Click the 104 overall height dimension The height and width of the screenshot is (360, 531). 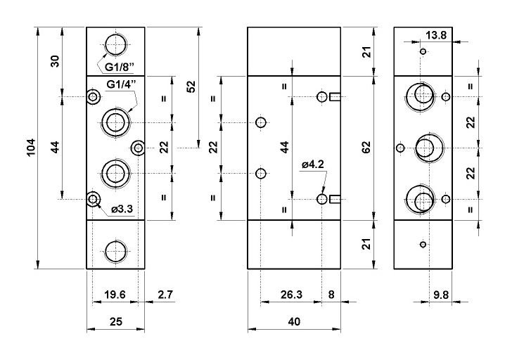tap(31, 148)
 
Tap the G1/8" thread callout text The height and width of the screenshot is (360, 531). tap(119, 67)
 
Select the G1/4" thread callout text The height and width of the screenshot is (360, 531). tap(121, 84)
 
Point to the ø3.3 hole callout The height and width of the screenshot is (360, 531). tap(122, 210)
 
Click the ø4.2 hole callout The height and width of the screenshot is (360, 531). tap(313, 165)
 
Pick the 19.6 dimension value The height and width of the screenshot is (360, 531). tap(115, 295)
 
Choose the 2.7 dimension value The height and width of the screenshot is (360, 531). tap(165, 295)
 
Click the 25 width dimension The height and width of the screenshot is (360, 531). tap(116, 321)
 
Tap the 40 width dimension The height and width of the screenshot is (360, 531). tap(294, 321)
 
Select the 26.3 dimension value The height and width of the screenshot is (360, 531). tap(291, 295)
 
